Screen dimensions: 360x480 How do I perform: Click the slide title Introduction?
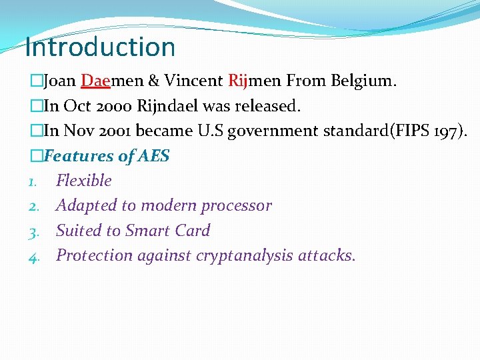(x=100, y=47)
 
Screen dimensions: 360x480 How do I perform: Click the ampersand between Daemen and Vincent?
(x=153, y=81)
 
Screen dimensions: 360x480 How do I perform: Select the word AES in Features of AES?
(x=154, y=157)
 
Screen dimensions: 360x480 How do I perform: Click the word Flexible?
(x=84, y=181)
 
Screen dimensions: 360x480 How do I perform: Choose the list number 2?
(x=33, y=206)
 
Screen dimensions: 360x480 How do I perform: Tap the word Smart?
(x=146, y=231)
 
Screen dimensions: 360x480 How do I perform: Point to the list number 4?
(x=33, y=256)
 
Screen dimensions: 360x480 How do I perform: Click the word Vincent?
(x=193, y=81)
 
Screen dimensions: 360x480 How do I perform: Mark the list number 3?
(x=33, y=231)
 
